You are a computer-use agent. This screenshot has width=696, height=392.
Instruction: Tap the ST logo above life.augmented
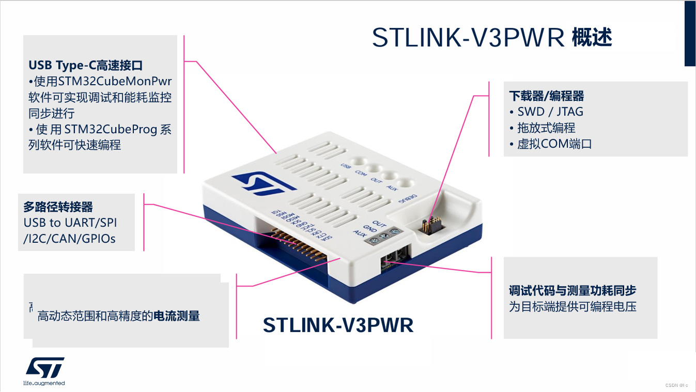click(45, 367)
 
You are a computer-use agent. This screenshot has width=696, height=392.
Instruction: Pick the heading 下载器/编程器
click(547, 96)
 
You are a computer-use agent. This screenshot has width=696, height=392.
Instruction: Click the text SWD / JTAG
click(550, 112)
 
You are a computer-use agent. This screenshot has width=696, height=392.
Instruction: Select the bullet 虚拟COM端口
click(554, 144)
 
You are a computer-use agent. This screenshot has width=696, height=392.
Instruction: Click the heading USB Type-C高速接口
click(86, 66)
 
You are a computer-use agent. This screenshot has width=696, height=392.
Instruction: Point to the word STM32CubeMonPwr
click(115, 82)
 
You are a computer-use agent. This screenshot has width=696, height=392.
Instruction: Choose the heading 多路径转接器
click(58, 207)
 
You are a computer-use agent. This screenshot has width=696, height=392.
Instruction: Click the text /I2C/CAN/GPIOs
click(70, 238)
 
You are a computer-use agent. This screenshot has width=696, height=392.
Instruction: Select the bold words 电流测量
click(177, 316)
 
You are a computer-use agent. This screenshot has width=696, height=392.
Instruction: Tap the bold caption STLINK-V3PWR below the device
click(338, 325)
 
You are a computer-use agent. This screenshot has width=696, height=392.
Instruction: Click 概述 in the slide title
click(592, 38)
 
